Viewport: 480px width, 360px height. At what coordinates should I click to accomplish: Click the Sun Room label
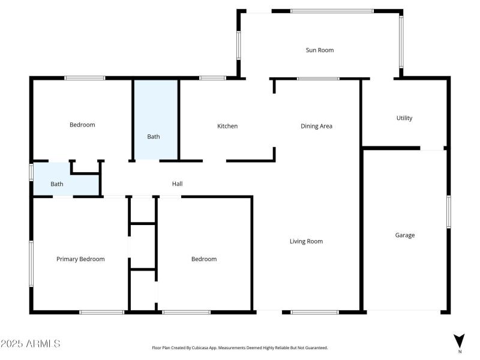tap(319, 50)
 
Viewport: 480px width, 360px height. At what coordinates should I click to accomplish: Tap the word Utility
tap(404, 118)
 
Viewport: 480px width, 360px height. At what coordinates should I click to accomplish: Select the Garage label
tap(404, 235)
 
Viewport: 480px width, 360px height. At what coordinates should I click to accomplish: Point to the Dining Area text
tap(316, 126)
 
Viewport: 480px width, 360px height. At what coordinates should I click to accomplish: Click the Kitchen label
tap(227, 126)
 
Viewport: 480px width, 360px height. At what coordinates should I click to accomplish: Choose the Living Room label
tap(306, 241)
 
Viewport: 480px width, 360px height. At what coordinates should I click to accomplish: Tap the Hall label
tap(177, 184)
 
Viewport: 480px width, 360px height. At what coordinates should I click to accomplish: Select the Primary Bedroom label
tap(80, 259)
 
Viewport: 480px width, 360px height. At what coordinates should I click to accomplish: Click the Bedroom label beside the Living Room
tap(203, 259)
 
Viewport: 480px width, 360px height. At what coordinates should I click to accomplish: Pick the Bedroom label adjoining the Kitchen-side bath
tap(82, 125)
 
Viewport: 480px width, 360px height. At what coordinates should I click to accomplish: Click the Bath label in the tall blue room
tap(154, 137)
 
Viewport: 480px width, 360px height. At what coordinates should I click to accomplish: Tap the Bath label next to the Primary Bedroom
tap(56, 184)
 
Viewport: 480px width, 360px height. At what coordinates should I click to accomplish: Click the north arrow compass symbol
tap(459, 340)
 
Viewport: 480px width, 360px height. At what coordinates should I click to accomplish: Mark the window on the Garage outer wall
tap(448, 211)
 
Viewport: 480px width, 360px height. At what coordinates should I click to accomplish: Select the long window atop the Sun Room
tap(332, 11)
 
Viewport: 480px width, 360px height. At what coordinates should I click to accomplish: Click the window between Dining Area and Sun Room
tap(318, 78)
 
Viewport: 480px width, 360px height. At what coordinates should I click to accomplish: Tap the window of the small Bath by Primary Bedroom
tap(31, 172)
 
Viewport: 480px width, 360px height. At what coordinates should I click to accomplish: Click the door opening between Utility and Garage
tap(431, 148)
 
